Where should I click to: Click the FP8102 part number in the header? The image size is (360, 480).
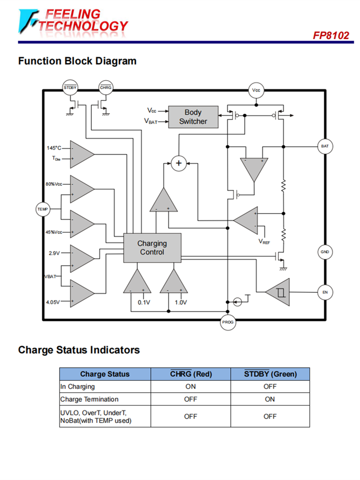[331, 36]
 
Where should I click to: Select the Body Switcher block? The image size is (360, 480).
[193, 117]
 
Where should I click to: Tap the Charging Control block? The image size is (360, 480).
[152, 248]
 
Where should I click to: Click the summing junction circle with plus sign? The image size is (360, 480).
[179, 163]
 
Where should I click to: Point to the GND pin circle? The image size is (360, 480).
[325, 252]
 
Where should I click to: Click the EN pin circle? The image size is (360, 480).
[325, 292]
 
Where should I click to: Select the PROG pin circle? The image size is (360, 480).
[228, 322]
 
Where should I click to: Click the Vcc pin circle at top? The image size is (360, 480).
[256, 90]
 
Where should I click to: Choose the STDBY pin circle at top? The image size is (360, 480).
[70, 88]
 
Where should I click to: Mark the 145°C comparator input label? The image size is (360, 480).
[54, 148]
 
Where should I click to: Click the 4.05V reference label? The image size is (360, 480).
[53, 302]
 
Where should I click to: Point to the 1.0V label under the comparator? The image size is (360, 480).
[180, 302]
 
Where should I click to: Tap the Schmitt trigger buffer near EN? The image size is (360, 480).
[277, 292]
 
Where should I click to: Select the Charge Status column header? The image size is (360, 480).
[105, 374]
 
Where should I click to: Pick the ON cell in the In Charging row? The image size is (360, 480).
[191, 386]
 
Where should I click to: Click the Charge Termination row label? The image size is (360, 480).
[89, 399]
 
